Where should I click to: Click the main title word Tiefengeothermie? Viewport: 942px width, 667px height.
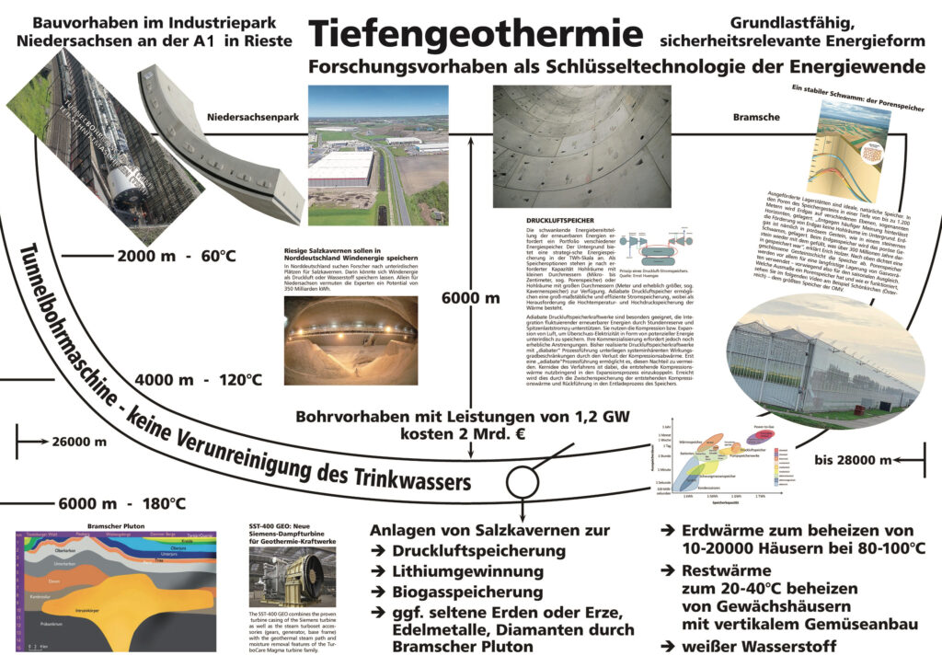coord(477,33)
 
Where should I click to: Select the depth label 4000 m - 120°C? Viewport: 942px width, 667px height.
coord(199,378)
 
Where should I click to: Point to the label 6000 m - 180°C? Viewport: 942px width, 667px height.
coord(121,503)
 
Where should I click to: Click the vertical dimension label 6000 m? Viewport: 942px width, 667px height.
coord(470,298)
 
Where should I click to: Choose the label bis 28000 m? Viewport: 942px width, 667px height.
coord(864,457)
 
